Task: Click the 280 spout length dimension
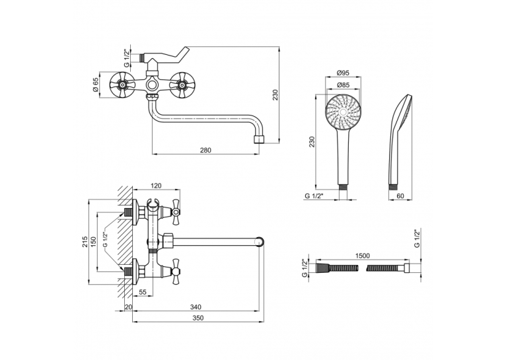205,150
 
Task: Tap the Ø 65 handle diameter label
96,85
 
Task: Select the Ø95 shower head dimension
343,73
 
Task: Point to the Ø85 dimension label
343,85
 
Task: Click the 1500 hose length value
363,256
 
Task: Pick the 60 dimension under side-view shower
400,196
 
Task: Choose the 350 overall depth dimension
198,318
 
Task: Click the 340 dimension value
196,306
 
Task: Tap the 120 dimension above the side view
156,186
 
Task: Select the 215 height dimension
85,242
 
